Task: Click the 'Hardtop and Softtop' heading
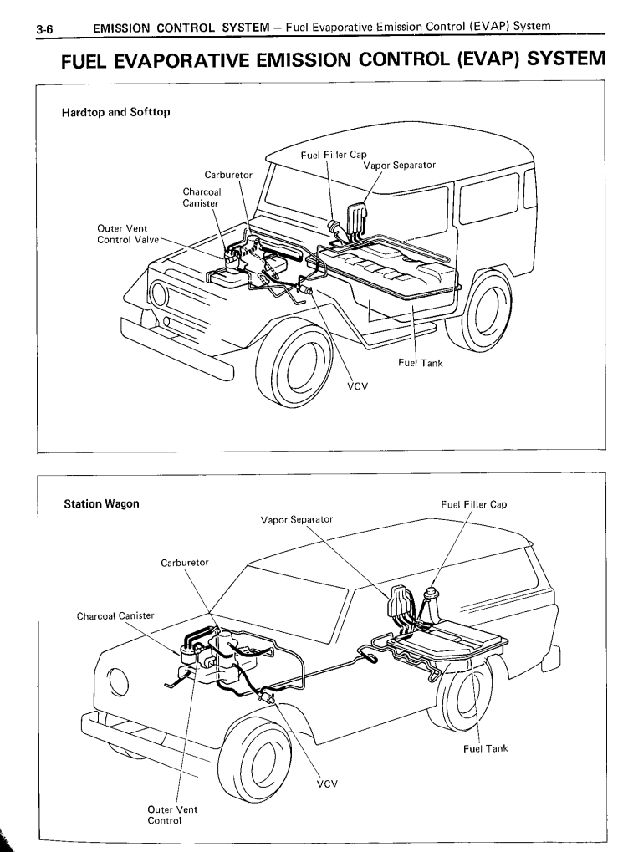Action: tap(117, 113)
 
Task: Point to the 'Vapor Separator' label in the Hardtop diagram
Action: tap(399, 165)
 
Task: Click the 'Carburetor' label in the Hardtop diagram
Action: tap(229, 175)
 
